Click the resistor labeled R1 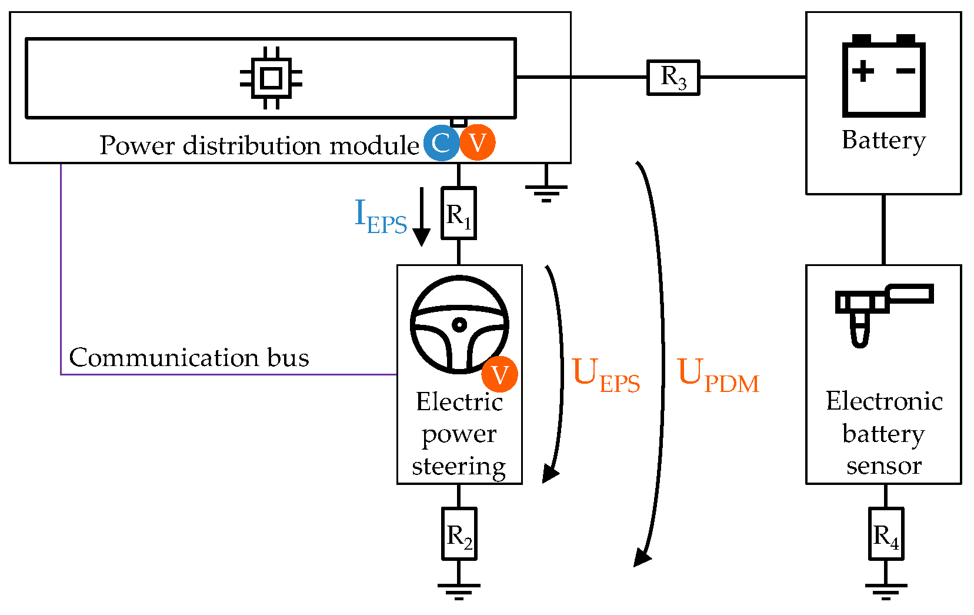click(x=459, y=213)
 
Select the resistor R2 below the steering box click(x=459, y=534)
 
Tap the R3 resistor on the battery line click(x=673, y=77)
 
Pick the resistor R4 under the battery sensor click(x=886, y=534)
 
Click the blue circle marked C click(x=441, y=142)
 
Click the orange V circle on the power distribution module click(x=477, y=142)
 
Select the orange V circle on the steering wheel click(x=499, y=374)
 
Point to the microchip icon click(x=271, y=78)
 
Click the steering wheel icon click(x=459, y=324)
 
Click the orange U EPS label click(x=606, y=374)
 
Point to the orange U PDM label click(x=718, y=374)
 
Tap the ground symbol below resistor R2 click(x=459, y=590)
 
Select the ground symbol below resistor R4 click(x=886, y=590)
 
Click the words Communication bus click(x=189, y=357)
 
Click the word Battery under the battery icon click(x=883, y=141)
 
